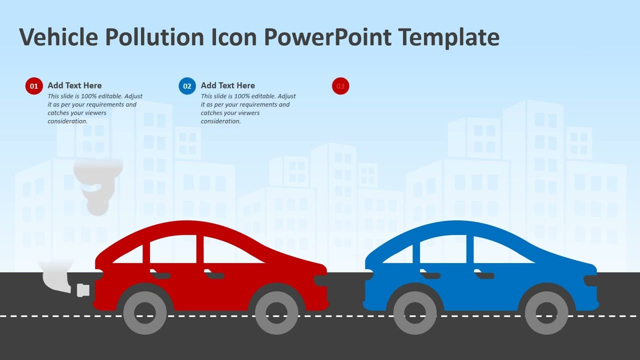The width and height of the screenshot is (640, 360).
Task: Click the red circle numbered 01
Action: (34, 86)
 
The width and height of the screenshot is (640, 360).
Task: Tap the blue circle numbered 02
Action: (187, 86)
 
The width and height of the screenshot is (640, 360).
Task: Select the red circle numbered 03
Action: (340, 86)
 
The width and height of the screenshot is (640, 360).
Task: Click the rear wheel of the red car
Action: (145, 312)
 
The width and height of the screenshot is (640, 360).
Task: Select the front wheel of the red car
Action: (276, 312)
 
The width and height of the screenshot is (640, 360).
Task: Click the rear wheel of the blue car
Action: (415, 312)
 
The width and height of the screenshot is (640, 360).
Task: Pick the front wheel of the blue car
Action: (546, 312)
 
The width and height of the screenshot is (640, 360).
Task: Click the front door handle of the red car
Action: (214, 274)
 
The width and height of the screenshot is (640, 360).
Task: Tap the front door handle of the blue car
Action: (484, 274)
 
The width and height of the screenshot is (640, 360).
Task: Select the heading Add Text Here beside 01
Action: (74, 85)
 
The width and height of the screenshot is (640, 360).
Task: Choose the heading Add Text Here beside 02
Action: (227, 85)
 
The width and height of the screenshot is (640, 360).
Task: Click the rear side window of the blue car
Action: (442, 250)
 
